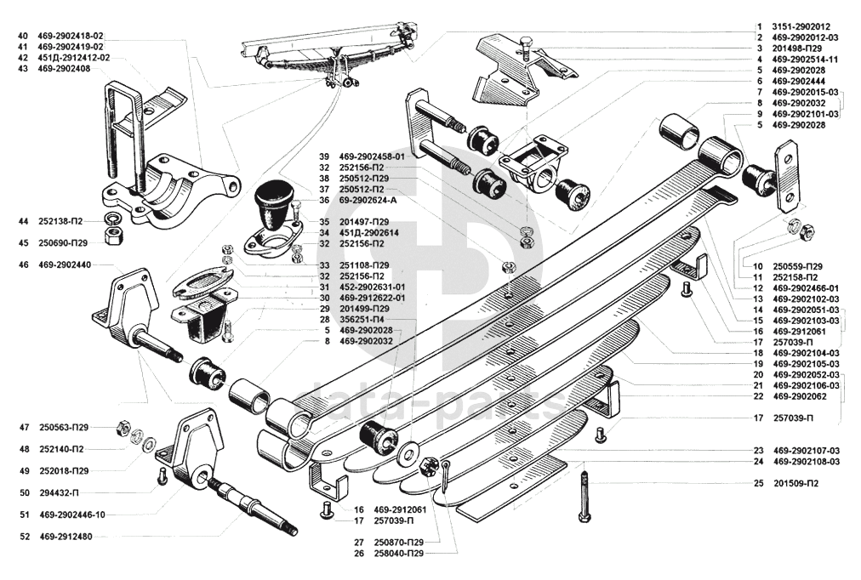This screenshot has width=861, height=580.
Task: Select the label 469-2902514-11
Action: (805, 60)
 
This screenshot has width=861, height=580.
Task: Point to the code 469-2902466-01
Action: (805, 288)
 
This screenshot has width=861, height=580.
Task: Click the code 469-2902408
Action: (64, 68)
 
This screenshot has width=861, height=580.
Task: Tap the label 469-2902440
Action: (64, 265)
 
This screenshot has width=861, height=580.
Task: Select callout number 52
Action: (23, 536)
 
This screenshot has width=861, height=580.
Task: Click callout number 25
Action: (757, 483)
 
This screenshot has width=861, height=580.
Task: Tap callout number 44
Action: (23, 221)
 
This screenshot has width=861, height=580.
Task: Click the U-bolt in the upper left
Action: (119, 136)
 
